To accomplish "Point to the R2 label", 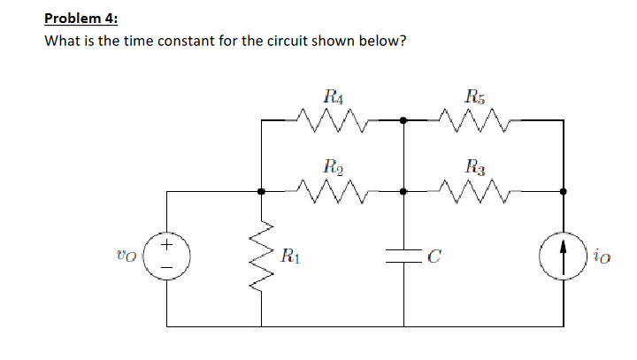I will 334,165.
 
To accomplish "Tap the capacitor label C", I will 434,259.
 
